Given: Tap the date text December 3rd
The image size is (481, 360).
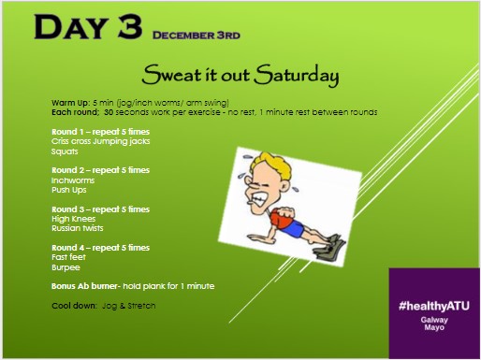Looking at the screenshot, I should click(x=197, y=35).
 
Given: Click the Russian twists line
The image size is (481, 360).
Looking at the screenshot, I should click(x=77, y=227).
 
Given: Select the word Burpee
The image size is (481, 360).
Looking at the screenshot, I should click(x=65, y=266).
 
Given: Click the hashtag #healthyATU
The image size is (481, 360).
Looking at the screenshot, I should click(x=435, y=306).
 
